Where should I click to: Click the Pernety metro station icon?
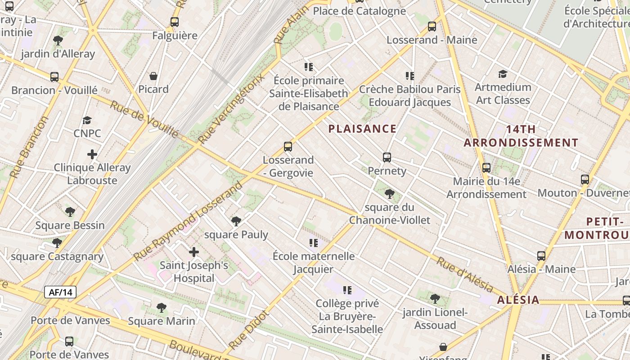click(x=387, y=157)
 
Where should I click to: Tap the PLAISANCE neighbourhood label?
click(x=362, y=129)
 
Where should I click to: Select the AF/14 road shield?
click(x=60, y=292)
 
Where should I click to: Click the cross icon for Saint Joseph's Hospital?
click(x=194, y=252)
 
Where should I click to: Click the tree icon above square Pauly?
click(x=236, y=221)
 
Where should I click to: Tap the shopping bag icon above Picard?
click(x=153, y=76)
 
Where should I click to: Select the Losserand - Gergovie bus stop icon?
click(x=288, y=147)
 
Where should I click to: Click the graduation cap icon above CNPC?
click(x=87, y=120)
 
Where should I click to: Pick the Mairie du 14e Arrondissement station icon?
click(x=486, y=168)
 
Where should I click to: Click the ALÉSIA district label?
click(x=518, y=300)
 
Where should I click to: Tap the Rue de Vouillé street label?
click(x=144, y=119)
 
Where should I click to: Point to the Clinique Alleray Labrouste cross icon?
click(x=92, y=154)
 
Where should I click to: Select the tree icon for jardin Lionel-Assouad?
click(x=435, y=298)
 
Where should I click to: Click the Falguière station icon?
click(x=175, y=22)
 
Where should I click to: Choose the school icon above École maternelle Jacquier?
click(x=314, y=243)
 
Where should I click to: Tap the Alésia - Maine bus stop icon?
click(x=541, y=256)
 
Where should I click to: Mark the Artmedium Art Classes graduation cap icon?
click(x=503, y=74)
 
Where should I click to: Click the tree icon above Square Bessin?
click(x=70, y=212)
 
